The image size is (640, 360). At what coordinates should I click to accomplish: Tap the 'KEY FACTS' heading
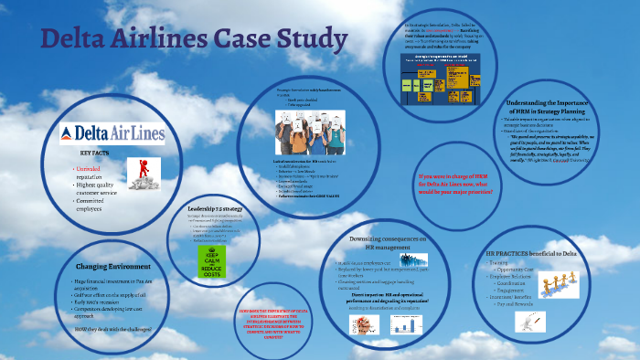(96, 153)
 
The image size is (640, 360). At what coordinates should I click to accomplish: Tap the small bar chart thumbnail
(362, 325)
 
